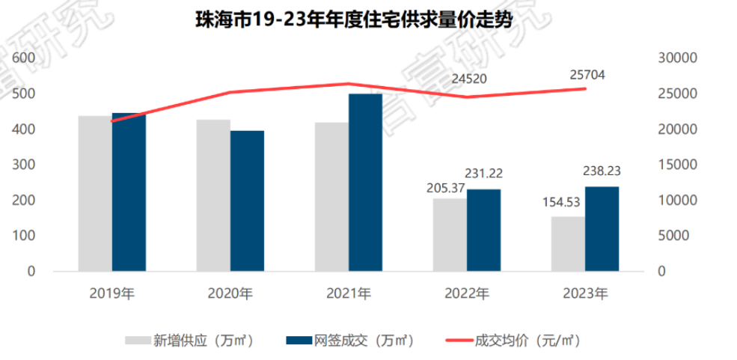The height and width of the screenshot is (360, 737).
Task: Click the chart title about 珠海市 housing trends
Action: [x=354, y=19]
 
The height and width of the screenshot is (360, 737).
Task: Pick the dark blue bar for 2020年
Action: [x=247, y=201]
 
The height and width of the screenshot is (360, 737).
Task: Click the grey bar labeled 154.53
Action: [x=568, y=244]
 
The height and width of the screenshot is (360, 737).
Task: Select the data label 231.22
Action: [x=483, y=174]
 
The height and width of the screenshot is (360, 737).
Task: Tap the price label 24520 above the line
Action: [x=468, y=79]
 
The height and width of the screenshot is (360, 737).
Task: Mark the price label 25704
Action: [x=586, y=74]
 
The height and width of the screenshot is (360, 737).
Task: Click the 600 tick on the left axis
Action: [x=25, y=58]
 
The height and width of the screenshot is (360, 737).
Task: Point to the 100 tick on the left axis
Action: [x=25, y=237]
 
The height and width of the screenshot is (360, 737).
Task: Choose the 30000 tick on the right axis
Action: [x=677, y=58]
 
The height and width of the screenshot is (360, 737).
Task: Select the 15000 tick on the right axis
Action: [x=677, y=165]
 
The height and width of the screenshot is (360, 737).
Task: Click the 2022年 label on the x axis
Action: [x=466, y=293]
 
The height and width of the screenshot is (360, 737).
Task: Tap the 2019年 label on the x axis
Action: [x=111, y=293]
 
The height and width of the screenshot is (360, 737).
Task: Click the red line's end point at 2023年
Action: [x=586, y=88]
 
